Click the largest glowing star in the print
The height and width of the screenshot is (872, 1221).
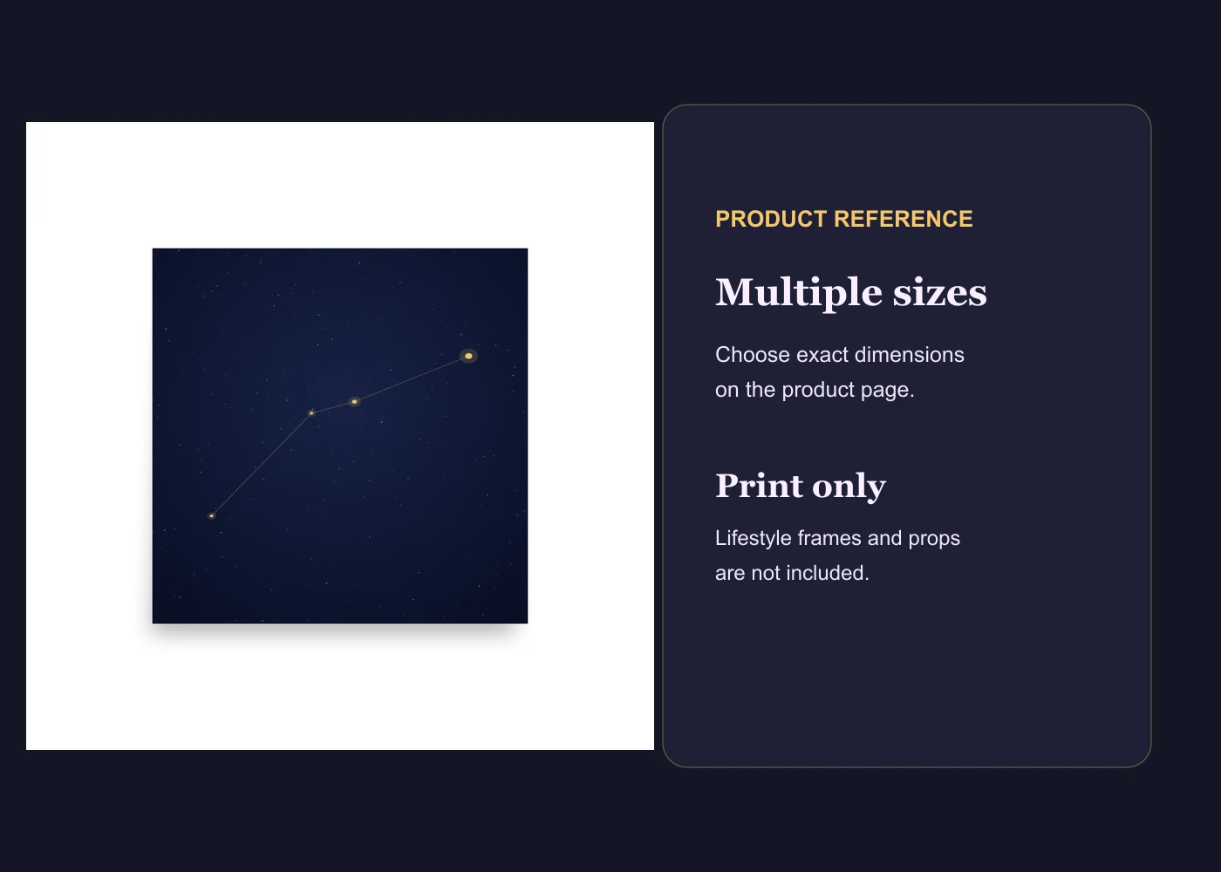click(x=468, y=356)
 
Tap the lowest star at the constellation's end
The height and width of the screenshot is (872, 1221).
click(x=211, y=515)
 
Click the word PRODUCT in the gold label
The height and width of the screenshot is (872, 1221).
click(x=771, y=219)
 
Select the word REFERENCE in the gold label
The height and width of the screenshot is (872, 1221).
click(x=904, y=219)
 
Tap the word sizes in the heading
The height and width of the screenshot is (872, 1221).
click(x=940, y=293)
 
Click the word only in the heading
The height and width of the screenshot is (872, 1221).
click(x=849, y=487)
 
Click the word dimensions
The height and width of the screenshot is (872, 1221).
click(x=909, y=355)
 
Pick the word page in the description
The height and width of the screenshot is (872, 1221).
click(x=887, y=391)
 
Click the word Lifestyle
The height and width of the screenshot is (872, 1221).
click(x=753, y=538)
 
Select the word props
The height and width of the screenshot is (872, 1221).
click(x=934, y=539)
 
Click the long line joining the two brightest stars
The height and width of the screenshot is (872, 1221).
click(x=411, y=378)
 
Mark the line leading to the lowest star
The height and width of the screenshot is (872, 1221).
click(x=262, y=464)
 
